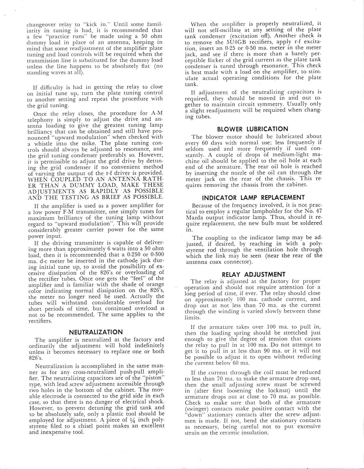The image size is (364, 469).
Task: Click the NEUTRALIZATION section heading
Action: point(96,332)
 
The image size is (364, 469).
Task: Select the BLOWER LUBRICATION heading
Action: point(253,129)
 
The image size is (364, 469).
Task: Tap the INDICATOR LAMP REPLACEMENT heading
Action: point(253,198)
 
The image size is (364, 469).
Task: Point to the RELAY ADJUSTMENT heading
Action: point(254,274)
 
